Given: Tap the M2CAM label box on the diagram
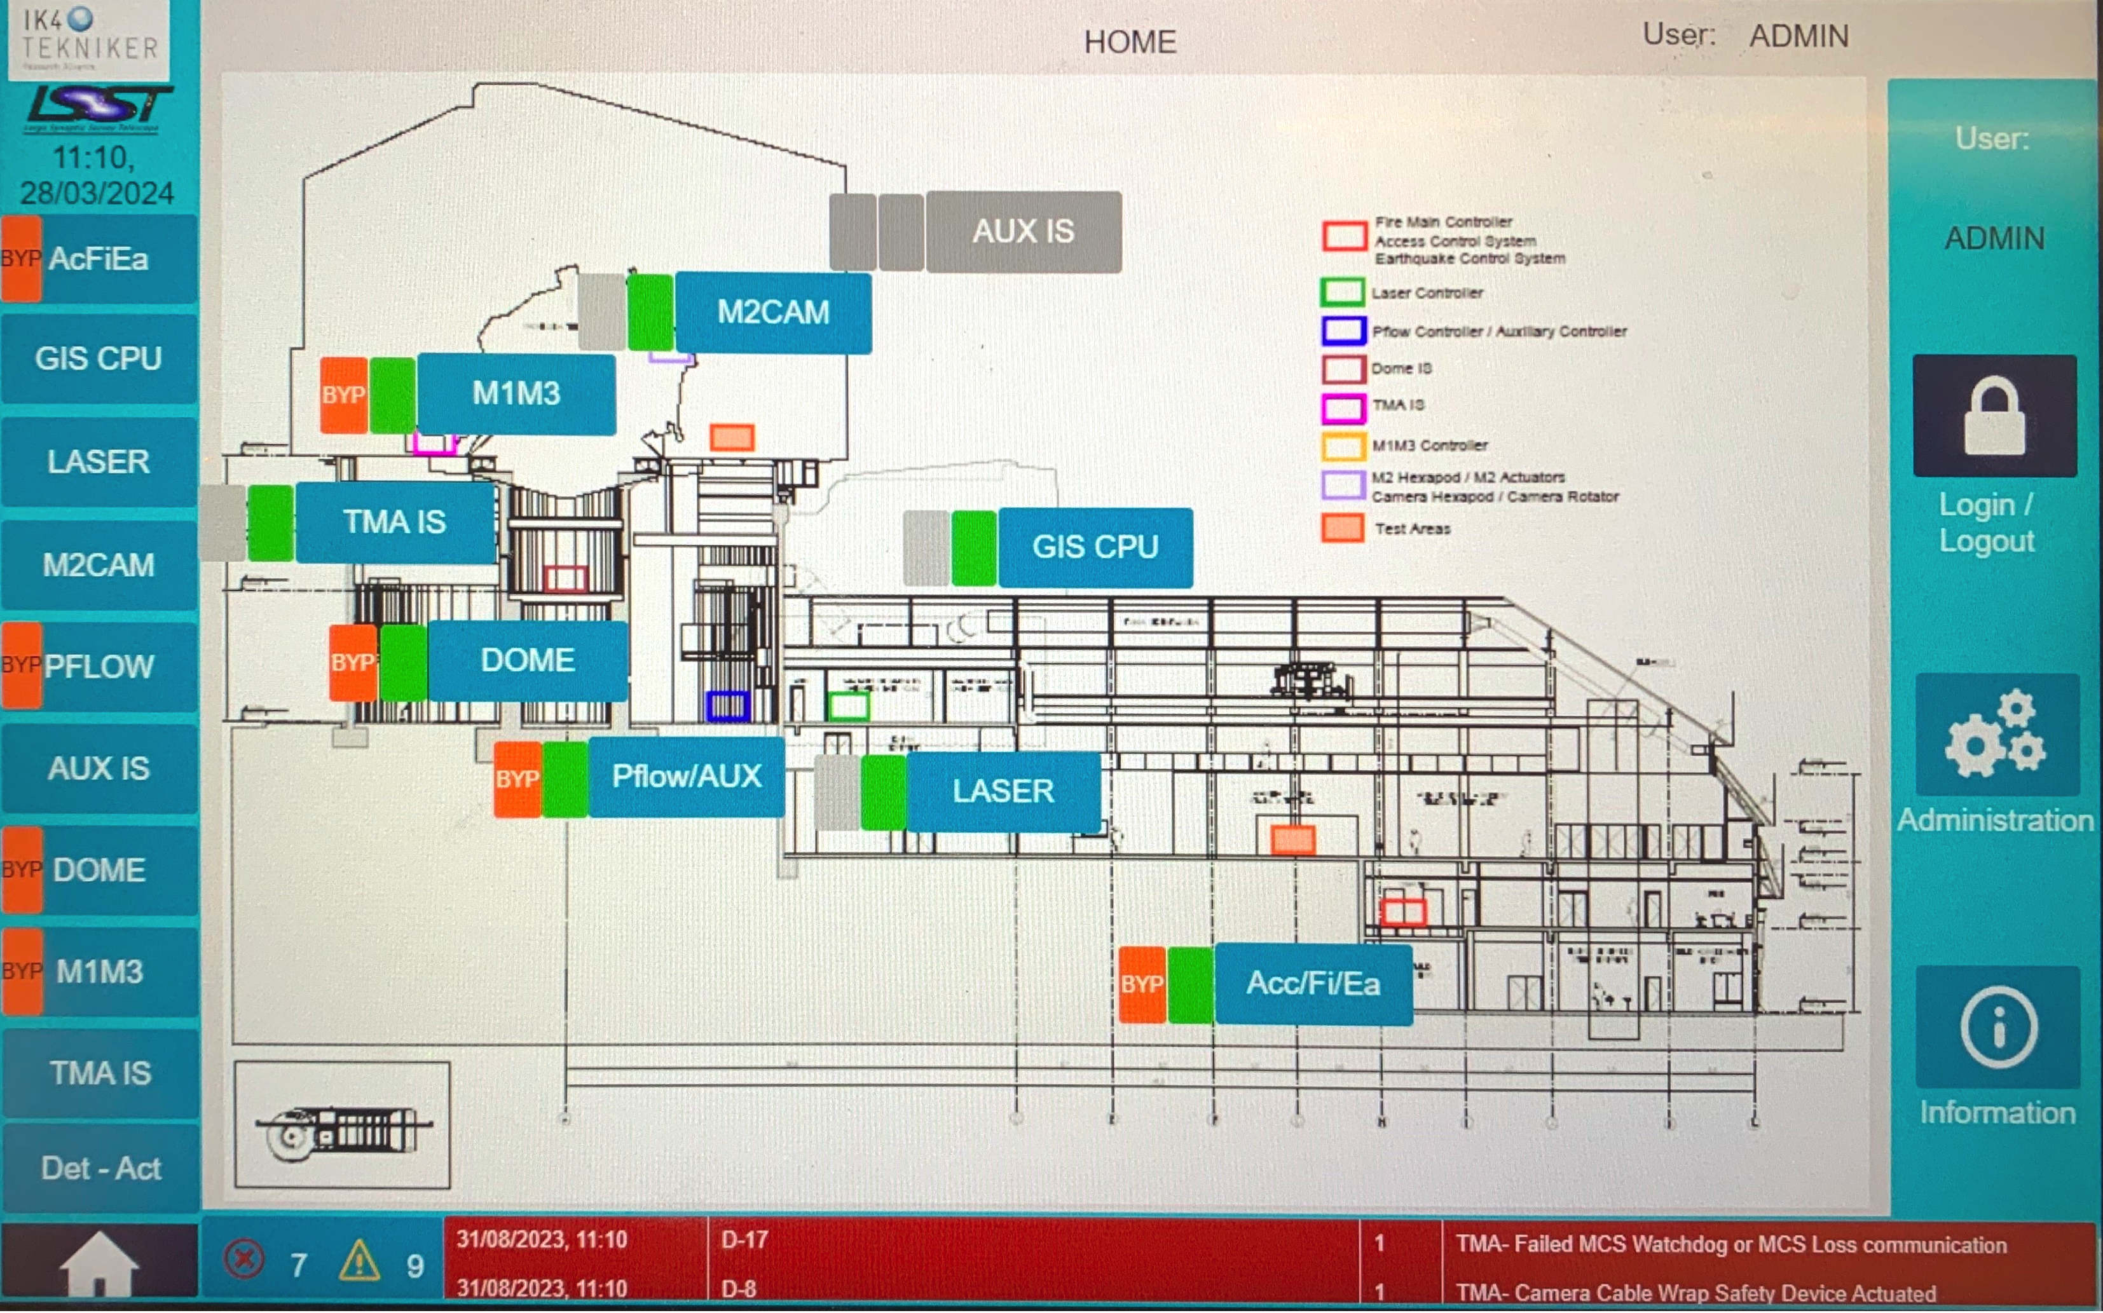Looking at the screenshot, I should tap(773, 313).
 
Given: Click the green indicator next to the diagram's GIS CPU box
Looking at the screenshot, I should tap(974, 548).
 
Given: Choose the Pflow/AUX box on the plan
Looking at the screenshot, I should tap(686, 777).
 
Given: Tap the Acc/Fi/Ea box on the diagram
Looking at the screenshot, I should tap(1313, 984).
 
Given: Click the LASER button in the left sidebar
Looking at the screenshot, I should tap(99, 462).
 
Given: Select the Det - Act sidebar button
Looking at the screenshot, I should tap(100, 1169).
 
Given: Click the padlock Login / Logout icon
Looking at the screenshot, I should tap(1994, 416).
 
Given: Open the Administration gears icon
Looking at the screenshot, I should tap(1996, 735).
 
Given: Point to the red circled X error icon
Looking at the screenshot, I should tap(244, 1260).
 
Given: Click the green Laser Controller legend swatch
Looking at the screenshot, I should tap(1342, 292).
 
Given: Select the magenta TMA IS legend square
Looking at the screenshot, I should tap(1343, 407).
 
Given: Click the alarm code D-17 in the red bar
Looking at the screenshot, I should tap(744, 1240).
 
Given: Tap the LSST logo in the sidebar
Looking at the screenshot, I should tap(98, 107).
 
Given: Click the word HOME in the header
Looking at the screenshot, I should tap(1129, 42).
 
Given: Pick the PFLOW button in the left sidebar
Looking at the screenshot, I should tap(99, 667).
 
